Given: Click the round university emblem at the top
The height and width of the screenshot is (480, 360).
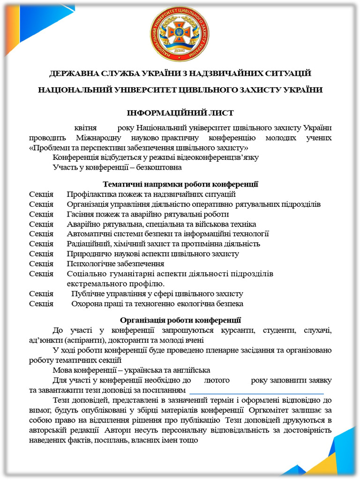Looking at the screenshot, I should point(180,34).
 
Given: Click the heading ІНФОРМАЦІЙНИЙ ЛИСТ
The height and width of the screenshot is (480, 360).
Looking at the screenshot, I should point(180,113).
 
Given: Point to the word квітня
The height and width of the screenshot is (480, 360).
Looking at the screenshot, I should point(86,128).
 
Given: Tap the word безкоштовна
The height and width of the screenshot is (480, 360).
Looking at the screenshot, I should point(158,167).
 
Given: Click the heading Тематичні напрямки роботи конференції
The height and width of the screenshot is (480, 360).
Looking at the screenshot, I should point(180,184).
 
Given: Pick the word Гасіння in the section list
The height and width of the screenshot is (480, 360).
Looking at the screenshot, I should point(80,214).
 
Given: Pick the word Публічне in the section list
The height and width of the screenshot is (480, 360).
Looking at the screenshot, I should point(87,294).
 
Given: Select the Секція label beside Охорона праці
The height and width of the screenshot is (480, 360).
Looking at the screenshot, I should point(41,304).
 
